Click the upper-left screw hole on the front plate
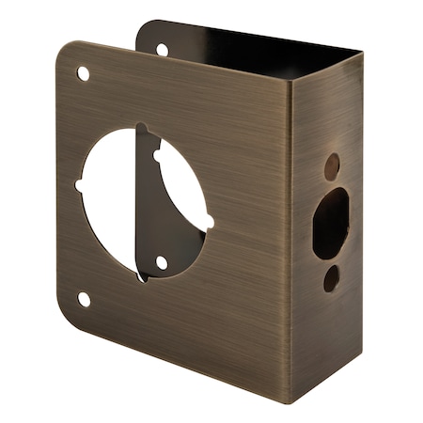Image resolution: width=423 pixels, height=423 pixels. click(x=83, y=72)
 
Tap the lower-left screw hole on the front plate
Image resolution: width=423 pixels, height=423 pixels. click(x=84, y=299)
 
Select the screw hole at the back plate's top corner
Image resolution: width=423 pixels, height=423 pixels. click(x=162, y=49)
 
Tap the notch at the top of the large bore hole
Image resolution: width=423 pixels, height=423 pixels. click(x=142, y=129)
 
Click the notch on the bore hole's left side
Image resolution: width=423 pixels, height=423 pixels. click(x=80, y=185)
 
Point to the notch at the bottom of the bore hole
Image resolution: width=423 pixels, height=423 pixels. click(x=142, y=275)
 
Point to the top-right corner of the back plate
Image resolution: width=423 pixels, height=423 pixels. click(x=360, y=54)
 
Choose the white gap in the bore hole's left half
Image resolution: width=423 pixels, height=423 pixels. click(x=108, y=202)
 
